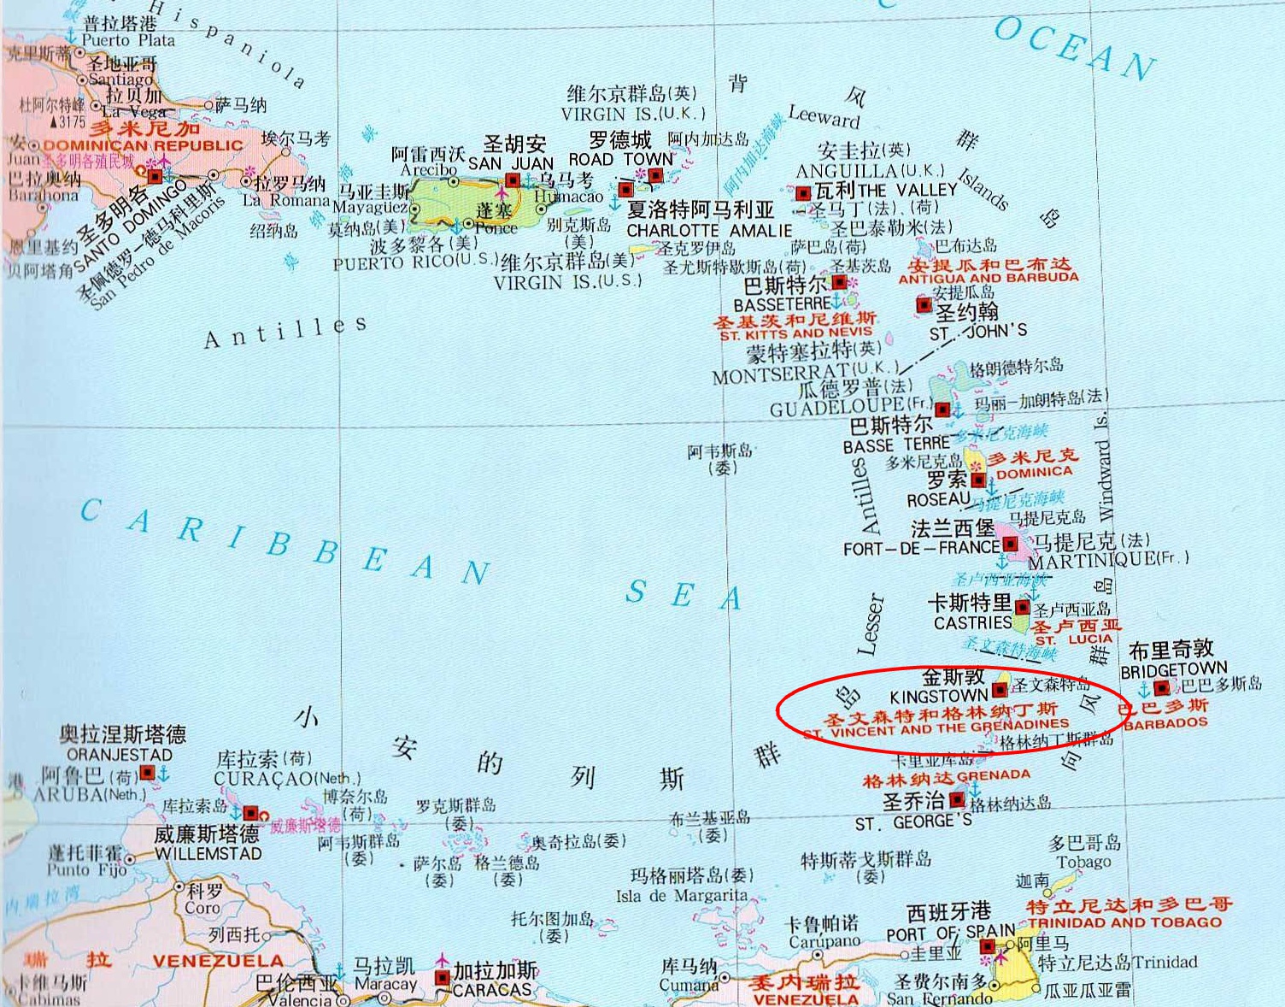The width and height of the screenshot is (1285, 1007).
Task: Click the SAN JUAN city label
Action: tap(511, 163)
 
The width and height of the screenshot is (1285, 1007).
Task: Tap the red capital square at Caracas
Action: tap(442, 977)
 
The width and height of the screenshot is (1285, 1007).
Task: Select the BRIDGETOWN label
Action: tap(1173, 669)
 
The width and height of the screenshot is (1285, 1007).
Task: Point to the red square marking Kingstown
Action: tap(999, 690)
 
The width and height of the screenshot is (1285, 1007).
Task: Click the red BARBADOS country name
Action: tap(1165, 723)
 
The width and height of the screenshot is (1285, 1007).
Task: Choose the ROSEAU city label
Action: tap(938, 499)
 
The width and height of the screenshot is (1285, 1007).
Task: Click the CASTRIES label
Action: tap(972, 623)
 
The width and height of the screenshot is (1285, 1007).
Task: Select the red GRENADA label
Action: tap(994, 774)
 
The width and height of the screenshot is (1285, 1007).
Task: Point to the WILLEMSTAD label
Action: tap(208, 853)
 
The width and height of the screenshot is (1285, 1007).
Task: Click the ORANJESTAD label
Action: tap(120, 755)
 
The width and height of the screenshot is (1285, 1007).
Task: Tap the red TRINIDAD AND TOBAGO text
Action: tap(1124, 922)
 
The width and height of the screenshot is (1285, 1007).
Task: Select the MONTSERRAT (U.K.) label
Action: tap(804, 374)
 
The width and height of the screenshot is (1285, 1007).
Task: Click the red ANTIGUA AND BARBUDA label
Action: tap(989, 278)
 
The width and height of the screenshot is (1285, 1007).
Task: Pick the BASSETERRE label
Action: tap(782, 304)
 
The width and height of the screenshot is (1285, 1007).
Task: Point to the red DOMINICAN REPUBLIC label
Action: tap(144, 145)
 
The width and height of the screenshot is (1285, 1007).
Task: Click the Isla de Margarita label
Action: tap(681, 895)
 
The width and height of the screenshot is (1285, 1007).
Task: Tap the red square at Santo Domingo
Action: tap(155, 177)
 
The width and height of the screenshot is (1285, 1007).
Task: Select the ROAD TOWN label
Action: tap(621, 159)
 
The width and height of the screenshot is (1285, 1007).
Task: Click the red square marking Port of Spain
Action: tap(987, 946)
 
